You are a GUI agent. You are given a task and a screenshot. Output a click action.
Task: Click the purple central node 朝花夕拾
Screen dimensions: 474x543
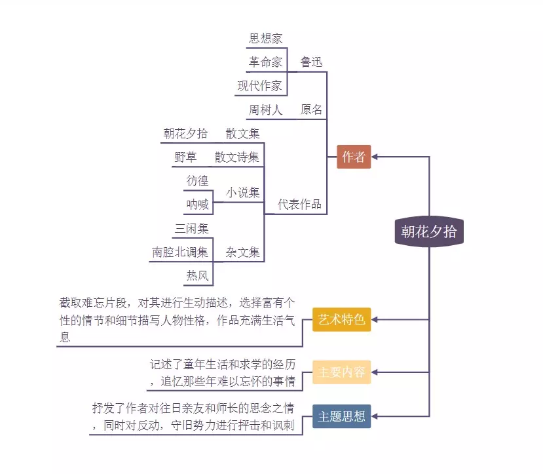(x=429, y=231)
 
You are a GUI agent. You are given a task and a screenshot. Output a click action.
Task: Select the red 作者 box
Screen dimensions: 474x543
(x=354, y=157)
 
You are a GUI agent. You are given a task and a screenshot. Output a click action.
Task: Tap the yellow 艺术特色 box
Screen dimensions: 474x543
(x=341, y=320)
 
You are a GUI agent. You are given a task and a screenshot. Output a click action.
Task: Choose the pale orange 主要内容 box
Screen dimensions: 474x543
(x=341, y=372)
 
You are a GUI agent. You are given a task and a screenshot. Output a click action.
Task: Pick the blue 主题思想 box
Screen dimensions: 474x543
(x=341, y=416)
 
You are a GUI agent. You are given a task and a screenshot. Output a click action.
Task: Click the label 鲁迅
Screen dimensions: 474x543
(x=311, y=62)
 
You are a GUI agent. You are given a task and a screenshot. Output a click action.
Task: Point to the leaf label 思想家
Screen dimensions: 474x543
(x=265, y=39)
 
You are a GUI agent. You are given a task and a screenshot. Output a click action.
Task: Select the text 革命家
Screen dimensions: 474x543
(x=265, y=62)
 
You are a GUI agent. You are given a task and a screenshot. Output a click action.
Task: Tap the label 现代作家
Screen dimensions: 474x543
(x=259, y=86)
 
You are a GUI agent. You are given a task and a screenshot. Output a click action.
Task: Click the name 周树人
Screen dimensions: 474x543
(x=265, y=109)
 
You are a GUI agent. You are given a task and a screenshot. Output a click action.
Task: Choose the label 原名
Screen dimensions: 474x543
(x=311, y=109)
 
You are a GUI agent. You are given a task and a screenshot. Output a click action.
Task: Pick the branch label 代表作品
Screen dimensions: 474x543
(x=299, y=204)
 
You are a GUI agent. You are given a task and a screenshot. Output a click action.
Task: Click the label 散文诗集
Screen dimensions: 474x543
(x=236, y=157)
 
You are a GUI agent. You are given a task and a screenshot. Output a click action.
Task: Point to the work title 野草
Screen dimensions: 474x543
(x=185, y=157)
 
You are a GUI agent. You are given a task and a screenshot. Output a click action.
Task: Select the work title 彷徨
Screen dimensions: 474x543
(x=197, y=181)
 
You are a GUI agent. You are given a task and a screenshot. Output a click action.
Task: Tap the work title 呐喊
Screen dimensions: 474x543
(x=197, y=205)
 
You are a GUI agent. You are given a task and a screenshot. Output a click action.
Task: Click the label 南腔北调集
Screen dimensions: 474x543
(x=179, y=252)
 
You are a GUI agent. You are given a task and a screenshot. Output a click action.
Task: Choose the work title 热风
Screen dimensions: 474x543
(x=197, y=275)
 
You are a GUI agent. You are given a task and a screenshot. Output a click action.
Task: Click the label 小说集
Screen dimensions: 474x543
(x=242, y=193)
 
